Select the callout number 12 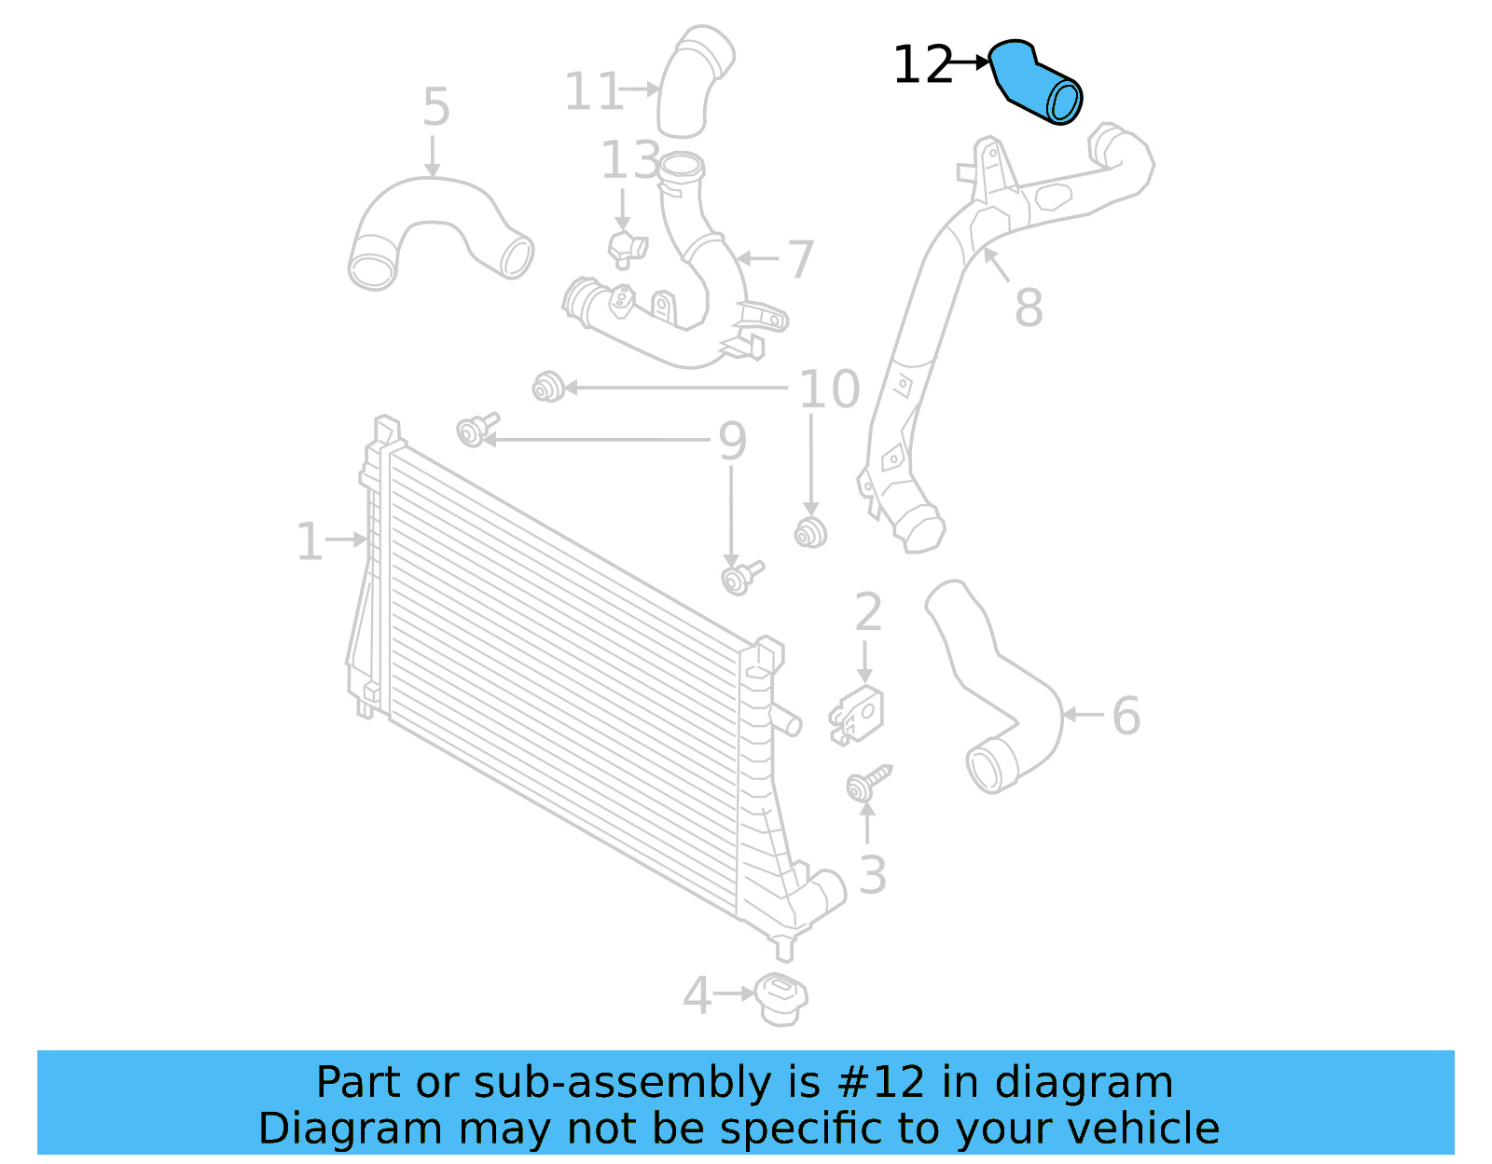point(922,64)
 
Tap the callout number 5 point(436,107)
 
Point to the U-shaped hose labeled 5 point(439,206)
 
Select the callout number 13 point(630,159)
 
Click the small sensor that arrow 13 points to point(627,248)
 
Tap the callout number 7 point(800,259)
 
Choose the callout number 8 point(1029,308)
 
